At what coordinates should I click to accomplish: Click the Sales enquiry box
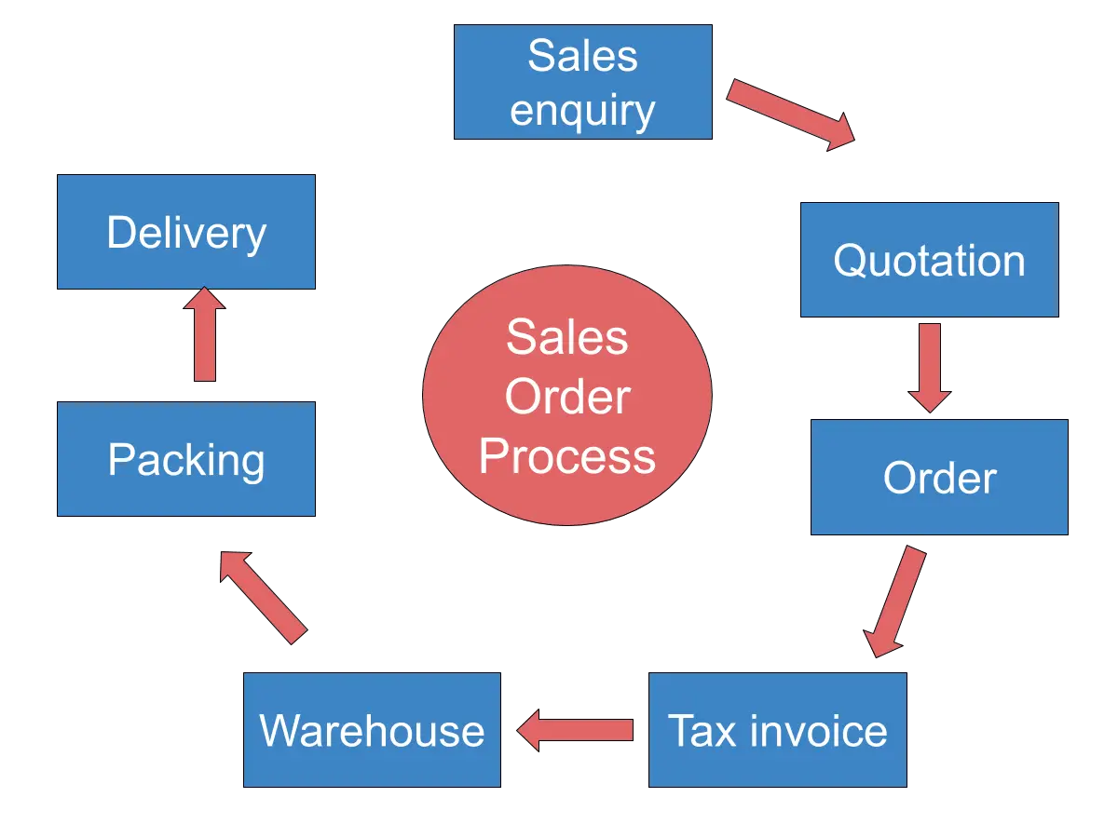pos(583,82)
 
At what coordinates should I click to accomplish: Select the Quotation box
pos(928,260)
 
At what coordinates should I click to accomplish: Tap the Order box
pos(939,477)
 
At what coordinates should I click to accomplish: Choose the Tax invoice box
pos(778,730)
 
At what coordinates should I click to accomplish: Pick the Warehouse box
pos(372,730)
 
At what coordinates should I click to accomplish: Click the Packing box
pos(186,460)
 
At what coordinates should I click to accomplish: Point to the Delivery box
pos(186,232)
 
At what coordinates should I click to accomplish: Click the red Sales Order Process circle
pos(567,396)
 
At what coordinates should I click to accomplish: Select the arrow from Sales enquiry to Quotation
pos(790,114)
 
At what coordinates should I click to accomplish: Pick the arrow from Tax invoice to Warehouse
pos(575,729)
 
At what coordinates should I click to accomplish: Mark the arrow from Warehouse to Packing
pos(262,596)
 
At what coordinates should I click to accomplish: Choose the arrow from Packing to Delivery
pos(205,334)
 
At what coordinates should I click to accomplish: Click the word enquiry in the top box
pos(583,111)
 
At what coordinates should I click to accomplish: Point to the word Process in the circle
pos(567,456)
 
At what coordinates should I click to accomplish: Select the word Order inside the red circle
pos(567,398)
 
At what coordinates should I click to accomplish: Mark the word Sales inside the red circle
pos(567,337)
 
